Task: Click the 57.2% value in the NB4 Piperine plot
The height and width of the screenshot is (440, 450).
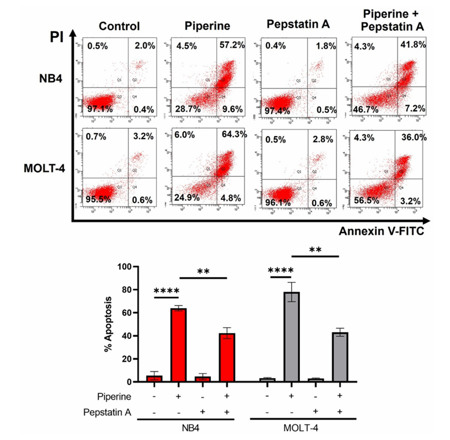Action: click(233, 45)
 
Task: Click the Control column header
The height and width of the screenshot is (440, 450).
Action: click(119, 26)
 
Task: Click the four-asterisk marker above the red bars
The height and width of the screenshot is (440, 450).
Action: click(166, 290)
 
